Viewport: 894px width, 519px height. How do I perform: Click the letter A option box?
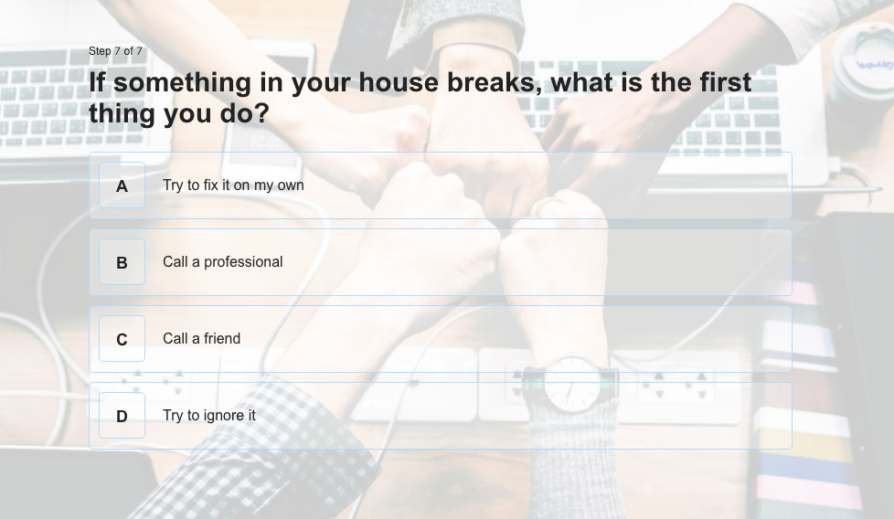122,185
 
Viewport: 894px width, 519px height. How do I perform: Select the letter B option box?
122,262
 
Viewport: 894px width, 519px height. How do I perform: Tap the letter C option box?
122,339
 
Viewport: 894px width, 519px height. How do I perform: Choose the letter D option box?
122,416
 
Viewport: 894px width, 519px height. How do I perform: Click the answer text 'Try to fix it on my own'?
233,185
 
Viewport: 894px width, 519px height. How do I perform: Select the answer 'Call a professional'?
223,262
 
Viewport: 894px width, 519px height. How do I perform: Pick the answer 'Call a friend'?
202,338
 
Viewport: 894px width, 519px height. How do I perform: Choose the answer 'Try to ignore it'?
209,416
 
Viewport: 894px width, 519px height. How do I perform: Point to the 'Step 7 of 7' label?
115,51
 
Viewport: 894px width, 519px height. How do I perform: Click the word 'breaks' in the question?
495,82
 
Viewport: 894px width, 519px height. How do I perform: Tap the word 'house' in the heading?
398,82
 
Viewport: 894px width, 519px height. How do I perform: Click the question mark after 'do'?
261,113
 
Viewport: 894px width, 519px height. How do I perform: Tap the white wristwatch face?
571,383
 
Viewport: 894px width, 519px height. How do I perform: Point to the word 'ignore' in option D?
222,417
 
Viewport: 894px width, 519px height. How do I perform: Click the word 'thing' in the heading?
122,114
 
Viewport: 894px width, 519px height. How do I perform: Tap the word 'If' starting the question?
97,82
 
